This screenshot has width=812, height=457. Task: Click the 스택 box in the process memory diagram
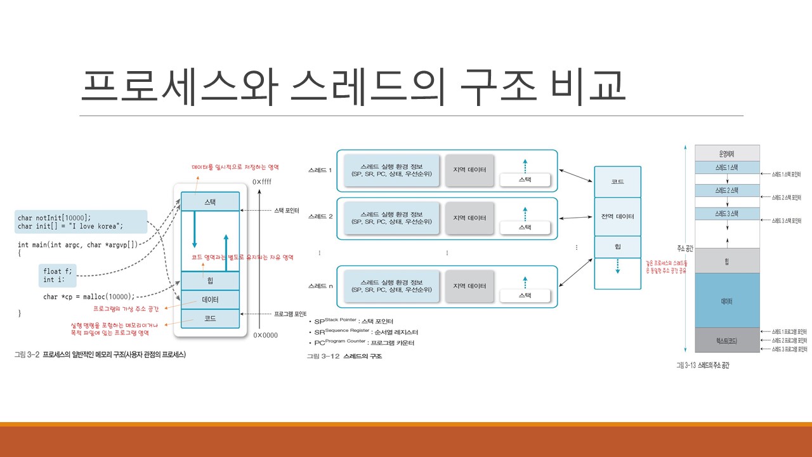point(210,202)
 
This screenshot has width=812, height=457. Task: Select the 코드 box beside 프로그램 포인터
point(210,318)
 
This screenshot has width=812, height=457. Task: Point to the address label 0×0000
point(265,334)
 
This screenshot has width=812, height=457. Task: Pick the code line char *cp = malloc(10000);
point(89,296)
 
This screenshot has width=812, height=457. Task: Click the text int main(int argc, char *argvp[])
point(77,244)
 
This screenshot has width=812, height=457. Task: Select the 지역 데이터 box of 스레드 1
point(469,170)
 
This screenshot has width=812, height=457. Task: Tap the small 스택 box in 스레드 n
point(525,295)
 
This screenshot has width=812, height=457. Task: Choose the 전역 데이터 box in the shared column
point(617,216)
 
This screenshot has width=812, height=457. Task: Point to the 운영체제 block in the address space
point(727,153)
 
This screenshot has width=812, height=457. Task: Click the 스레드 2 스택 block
point(727,190)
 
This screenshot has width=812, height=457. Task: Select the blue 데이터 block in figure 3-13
point(727,301)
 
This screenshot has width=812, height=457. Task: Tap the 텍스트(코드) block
point(727,340)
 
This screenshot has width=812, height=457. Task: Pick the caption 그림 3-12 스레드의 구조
point(344,356)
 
